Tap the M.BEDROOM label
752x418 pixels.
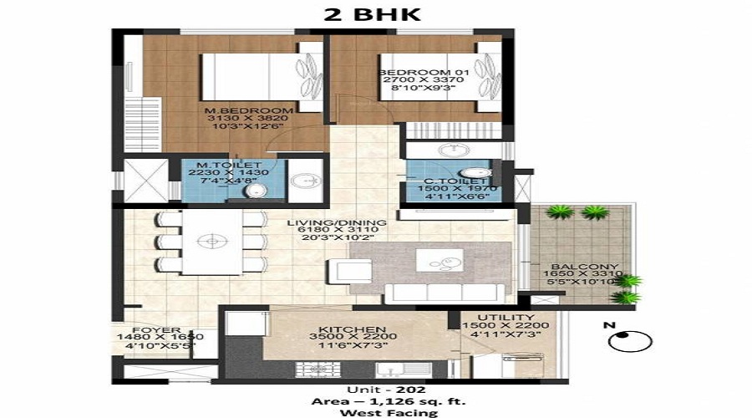tap(251, 110)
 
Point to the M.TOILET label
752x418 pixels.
tap(230, 165)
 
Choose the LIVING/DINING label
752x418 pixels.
tap(337, 223)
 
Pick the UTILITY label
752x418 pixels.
tap(509, 318)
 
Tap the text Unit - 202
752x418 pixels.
tap(375, 390)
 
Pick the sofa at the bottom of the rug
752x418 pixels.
tap(443, 293)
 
